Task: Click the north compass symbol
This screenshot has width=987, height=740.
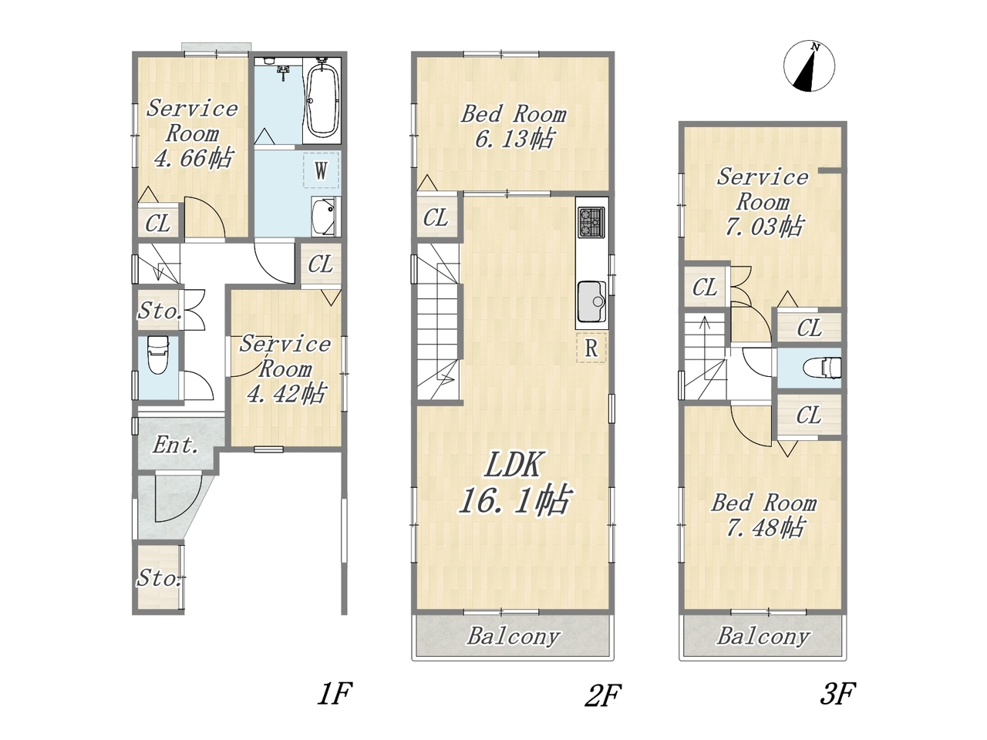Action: [809, 66]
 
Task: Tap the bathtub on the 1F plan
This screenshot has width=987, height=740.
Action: [322, 101]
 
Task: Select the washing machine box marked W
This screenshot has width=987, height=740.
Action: [321, 170]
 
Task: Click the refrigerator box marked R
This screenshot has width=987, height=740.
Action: [591, 348]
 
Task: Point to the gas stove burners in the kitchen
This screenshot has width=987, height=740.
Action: [591, 222]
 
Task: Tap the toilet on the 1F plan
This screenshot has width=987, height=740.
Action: [158, 355]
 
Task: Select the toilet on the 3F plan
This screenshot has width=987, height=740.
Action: [822, 368]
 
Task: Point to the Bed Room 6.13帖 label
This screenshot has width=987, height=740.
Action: [513, 126]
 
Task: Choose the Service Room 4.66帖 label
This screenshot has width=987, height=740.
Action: [193, 134]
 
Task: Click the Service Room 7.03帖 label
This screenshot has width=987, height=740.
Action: [763, 202]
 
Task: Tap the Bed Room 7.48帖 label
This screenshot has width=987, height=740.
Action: [763, 516]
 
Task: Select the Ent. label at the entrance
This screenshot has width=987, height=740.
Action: [176, 446]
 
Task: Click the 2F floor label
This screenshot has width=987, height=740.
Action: [602, 707]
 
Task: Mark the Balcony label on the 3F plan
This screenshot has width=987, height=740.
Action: [763, 636]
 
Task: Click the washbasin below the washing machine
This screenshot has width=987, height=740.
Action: [324, 217]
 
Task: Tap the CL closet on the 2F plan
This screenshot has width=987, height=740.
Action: [435, 218]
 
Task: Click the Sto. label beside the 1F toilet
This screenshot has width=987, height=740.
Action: [160, 311]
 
